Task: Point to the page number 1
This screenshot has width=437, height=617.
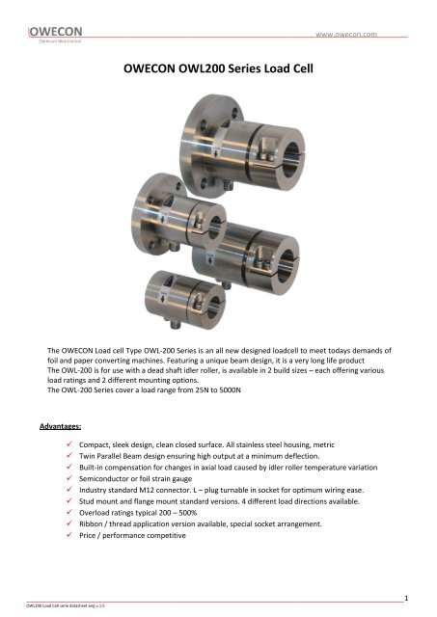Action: [x=407, y=599]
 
